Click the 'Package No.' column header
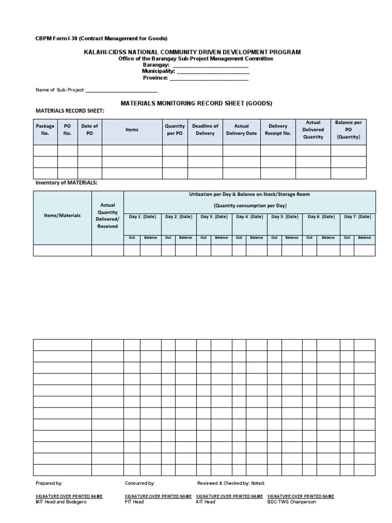point(45,130)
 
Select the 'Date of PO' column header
point(89,130)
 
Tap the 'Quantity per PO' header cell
point(175,130)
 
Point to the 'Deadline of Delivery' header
point(205,130)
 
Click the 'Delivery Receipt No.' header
point(278,130)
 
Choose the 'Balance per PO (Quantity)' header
point(348,130)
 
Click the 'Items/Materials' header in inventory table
point(62,216)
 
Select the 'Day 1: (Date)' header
point(142,217)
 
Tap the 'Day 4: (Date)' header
point(249,217)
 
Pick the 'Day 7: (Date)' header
point(357,217)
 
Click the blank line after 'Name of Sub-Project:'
point(122,90)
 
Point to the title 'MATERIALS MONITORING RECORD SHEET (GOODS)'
point(196,103)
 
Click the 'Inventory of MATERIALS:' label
point(66,183)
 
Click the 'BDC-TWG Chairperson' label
point(291,502)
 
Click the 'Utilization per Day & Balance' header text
point(250,195)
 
